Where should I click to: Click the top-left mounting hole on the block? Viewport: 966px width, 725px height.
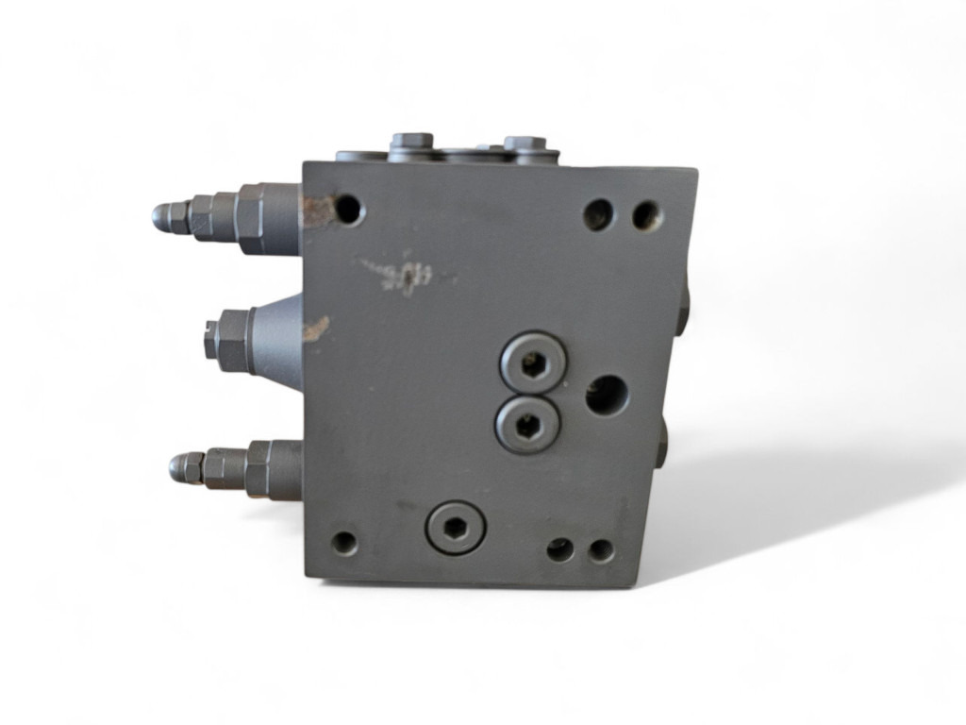[x=349, y=209]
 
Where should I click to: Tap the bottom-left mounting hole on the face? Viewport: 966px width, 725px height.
[x=345, y=543]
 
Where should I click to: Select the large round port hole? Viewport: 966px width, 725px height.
[x=607, y=396]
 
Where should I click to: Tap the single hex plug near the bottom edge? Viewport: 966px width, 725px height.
[x=455, y=526]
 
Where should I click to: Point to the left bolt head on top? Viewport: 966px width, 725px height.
[x=410, y=142]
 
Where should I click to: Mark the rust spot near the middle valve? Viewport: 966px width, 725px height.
[x=315, y=328]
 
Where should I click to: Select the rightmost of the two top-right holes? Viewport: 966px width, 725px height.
[x=646, y=216]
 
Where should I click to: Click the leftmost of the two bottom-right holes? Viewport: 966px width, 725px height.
[x=560, y=549]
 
